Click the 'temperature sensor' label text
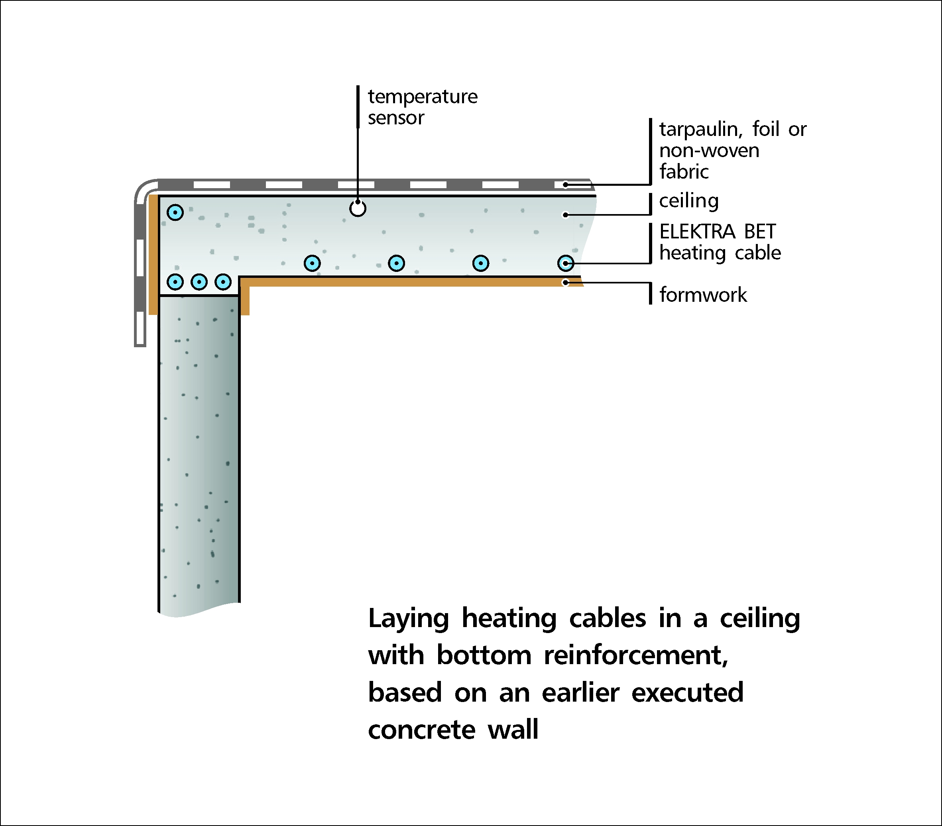[x=423, y=107]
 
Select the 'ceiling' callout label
[x=688, y=201]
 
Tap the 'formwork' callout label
[x=703, y=295]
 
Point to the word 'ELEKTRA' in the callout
[x=697, y=231]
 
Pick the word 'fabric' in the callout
[x=684, y=171]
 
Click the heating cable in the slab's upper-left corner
[x=175, y=212]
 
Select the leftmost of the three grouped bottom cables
[x=175, y=281]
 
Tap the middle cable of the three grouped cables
[x=199, y=281]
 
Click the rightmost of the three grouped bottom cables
[x=223, y=281]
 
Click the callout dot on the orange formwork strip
[x=565, y=283]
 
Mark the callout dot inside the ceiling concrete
[x=565, y=215]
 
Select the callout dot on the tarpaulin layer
[x=565, y=185]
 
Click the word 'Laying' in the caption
[x=408, y=619]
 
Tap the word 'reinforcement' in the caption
[x=635, y=655]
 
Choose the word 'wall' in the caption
[x=513, y=730]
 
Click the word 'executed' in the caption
[x=687, y=693]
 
